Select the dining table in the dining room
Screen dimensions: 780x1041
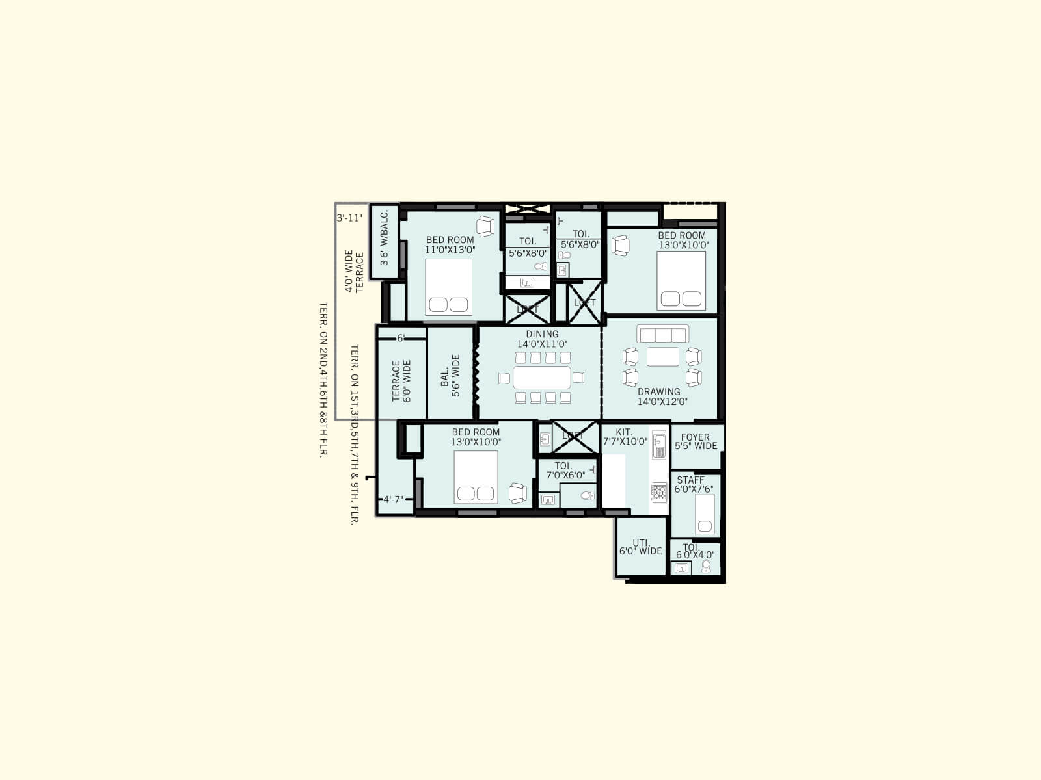(x=542, y=377)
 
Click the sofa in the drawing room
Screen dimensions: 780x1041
(x=662, y=334)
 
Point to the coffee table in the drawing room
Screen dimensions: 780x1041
(x=662, y=357)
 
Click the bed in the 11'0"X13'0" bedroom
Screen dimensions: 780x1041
(x=449, y=287)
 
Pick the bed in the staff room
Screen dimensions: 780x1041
(x=705, y=514)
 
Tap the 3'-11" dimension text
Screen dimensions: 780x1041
(x=349, y=218)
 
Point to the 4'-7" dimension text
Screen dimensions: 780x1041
(x=393, y=500)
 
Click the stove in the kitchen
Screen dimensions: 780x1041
(x=659, y=492)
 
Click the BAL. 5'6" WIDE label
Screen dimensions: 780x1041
(x=450, y=376)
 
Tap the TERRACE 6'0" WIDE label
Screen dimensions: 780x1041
(x=401, y=381)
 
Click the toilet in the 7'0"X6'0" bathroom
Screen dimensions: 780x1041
(x=588, y=496)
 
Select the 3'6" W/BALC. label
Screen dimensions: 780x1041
(x=385, y=237)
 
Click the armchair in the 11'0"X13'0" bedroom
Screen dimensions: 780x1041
(x=485, y=226)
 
